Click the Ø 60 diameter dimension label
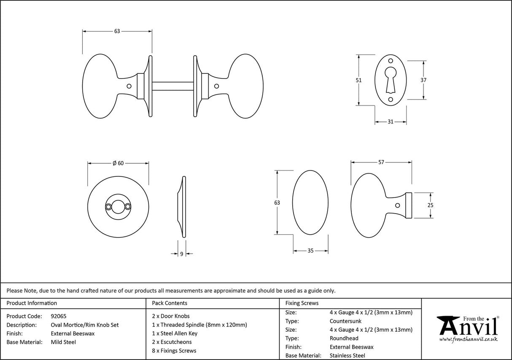(x=118, y=163)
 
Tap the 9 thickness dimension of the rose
(x=181, y=254)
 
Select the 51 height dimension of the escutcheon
(x=359, y=80)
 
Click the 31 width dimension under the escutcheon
(x=391, y=122)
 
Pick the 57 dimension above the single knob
(x=381, y=162)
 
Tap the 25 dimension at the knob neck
(x=430, y=206)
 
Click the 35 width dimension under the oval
(x=310, y=251)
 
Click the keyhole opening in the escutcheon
(x=391, y=78)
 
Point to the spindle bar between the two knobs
(x=172, y=86)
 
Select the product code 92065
(x=58, y=316)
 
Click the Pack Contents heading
(x=169, y=303)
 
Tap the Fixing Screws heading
(x=302, y=303)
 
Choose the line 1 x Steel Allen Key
(x=175, y=333)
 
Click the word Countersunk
(x=345, y=321)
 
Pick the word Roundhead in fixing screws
(x=344, y=338)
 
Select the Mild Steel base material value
(x=63, y=342)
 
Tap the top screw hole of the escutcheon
(x=391, y=60)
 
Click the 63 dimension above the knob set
(x=117, y=31)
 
